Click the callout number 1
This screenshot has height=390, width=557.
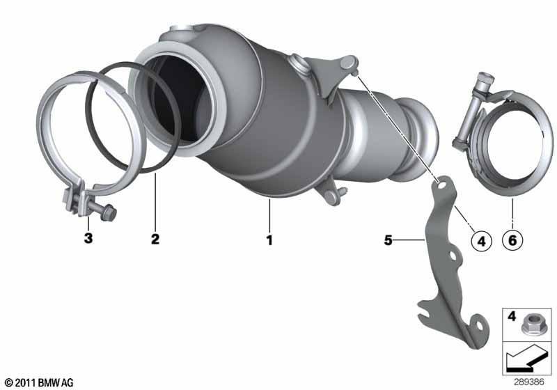269,240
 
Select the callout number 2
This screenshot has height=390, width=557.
155,239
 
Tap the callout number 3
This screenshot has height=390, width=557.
88,238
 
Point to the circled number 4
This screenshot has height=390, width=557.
481,242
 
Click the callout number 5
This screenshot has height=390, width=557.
388,240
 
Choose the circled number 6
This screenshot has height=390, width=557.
512,240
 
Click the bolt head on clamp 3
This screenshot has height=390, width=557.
109,212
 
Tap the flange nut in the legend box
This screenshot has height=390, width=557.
532,325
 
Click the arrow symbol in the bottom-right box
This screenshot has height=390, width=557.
526,358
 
